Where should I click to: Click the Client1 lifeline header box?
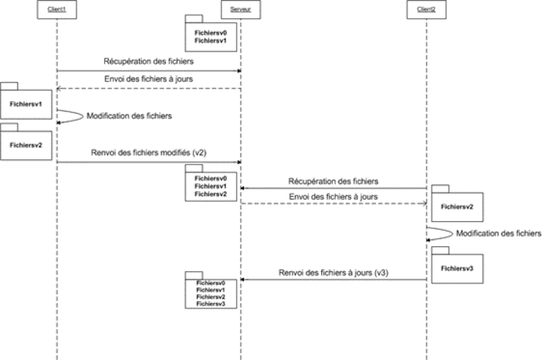coord(56,7)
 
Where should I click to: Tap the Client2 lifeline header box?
coord(426,7)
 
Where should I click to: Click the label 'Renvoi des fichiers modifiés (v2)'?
coord(148,153)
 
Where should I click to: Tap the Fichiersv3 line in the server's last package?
coord(211,304)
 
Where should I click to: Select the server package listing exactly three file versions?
coord(211,184)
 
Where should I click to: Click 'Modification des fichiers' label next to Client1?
coord(129,116)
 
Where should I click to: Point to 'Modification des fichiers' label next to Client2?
coord(499,234)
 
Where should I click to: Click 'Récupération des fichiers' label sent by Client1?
coord(148,62)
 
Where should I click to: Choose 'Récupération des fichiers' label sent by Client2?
coord(333,181)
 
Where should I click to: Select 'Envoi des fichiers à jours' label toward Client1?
coord(148,80)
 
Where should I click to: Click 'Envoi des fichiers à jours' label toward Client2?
coord(333,196)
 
